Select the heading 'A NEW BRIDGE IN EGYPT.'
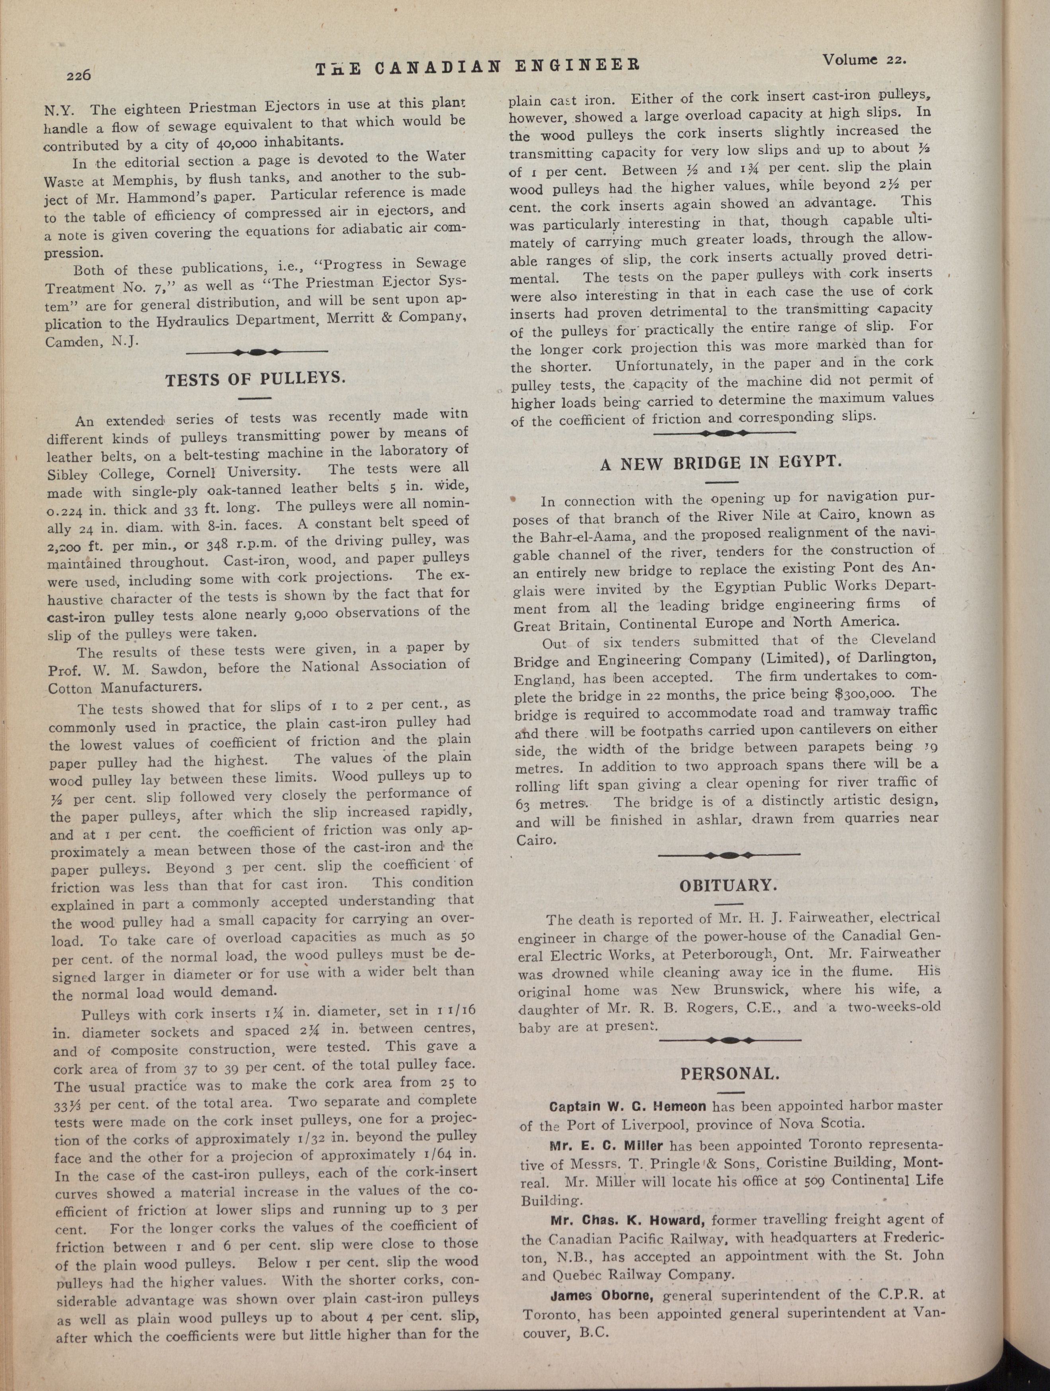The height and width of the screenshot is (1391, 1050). tap(720, 463)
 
